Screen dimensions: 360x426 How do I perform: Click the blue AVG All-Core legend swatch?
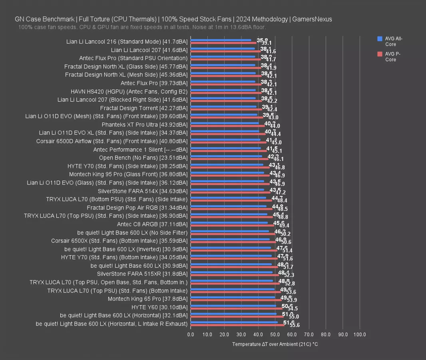pos(380,39)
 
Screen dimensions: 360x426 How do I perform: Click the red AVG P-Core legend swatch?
pos(380,54)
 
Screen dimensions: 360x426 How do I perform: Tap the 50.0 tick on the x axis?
pos(275,334)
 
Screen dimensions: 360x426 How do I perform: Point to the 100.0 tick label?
pos(360,334)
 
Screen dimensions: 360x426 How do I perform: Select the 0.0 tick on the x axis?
pos(191,334)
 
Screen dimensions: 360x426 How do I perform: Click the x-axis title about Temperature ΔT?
pos(275,344)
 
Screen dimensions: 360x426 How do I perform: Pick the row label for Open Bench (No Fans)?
pos(143,158)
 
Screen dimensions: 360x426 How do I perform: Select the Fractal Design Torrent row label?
pos(143,108)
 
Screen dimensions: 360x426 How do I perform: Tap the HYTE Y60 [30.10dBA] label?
pos(159,307)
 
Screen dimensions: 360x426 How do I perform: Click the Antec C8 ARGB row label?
pos(152,224)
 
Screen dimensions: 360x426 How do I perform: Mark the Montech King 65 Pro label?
pos(147,299)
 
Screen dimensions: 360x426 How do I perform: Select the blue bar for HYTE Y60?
pos(233,306)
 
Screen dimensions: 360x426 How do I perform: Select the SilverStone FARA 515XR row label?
pos(142,274)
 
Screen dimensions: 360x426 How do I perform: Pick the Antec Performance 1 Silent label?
pos(140,150)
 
